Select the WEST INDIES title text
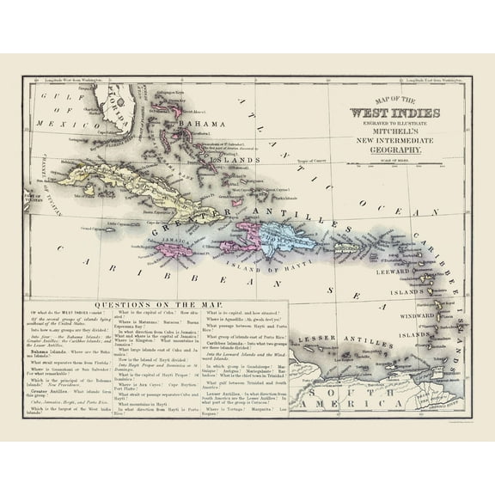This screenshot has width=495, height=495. tap(394, 113)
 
